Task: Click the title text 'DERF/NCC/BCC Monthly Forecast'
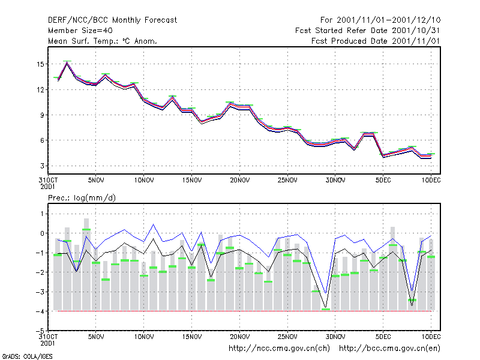coord(112,20)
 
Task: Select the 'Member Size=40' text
coord(80,31)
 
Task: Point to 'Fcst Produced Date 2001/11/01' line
coord(376,41)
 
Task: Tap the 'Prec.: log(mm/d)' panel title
coord(82,198)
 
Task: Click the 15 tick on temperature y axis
coord(40,64)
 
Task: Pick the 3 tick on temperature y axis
coord(42,166)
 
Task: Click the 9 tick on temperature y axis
coord(42,115)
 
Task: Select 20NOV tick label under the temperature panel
coord(239,181)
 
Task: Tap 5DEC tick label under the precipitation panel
coord(383,337)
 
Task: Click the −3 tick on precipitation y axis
coord(40,292)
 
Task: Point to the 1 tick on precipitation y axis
coord(42,214)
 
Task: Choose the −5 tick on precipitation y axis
coord(40,331)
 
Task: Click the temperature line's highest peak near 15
coord(67,62)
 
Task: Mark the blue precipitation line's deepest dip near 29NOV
coord(325,293)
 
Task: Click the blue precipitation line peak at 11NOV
coord(154,224)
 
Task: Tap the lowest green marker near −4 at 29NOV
coord(326,309)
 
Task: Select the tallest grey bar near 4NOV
coord(86,264)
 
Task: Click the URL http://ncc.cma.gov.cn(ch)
coord(279,349)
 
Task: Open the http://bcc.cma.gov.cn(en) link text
coord(389,349)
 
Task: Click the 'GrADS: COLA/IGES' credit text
coord(28,356)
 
